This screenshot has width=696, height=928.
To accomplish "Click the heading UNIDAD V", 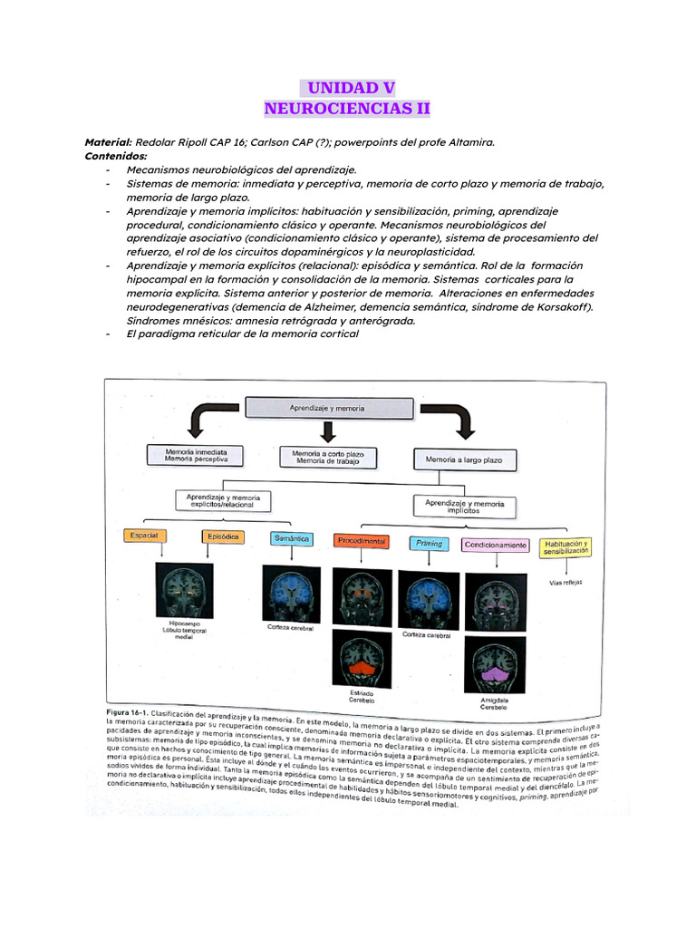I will tap(347, 88).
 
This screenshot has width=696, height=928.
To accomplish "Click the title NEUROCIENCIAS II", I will tap(347, 110).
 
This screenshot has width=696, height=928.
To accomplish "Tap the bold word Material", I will tap(107, 142).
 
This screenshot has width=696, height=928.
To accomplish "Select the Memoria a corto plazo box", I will tap(327, 456).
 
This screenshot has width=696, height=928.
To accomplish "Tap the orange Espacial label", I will tap(145, 536).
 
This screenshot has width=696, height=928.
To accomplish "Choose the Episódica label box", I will tap(224, 536).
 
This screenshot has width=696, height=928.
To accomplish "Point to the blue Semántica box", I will tap(292, 538).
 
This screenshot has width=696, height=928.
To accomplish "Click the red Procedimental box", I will tap(362, 541).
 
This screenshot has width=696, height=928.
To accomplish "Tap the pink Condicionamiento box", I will tap(496, 545).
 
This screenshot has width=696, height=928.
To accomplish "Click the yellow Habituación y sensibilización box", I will tap(565, 547).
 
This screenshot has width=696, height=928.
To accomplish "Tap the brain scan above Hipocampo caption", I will tap(184, 590).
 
